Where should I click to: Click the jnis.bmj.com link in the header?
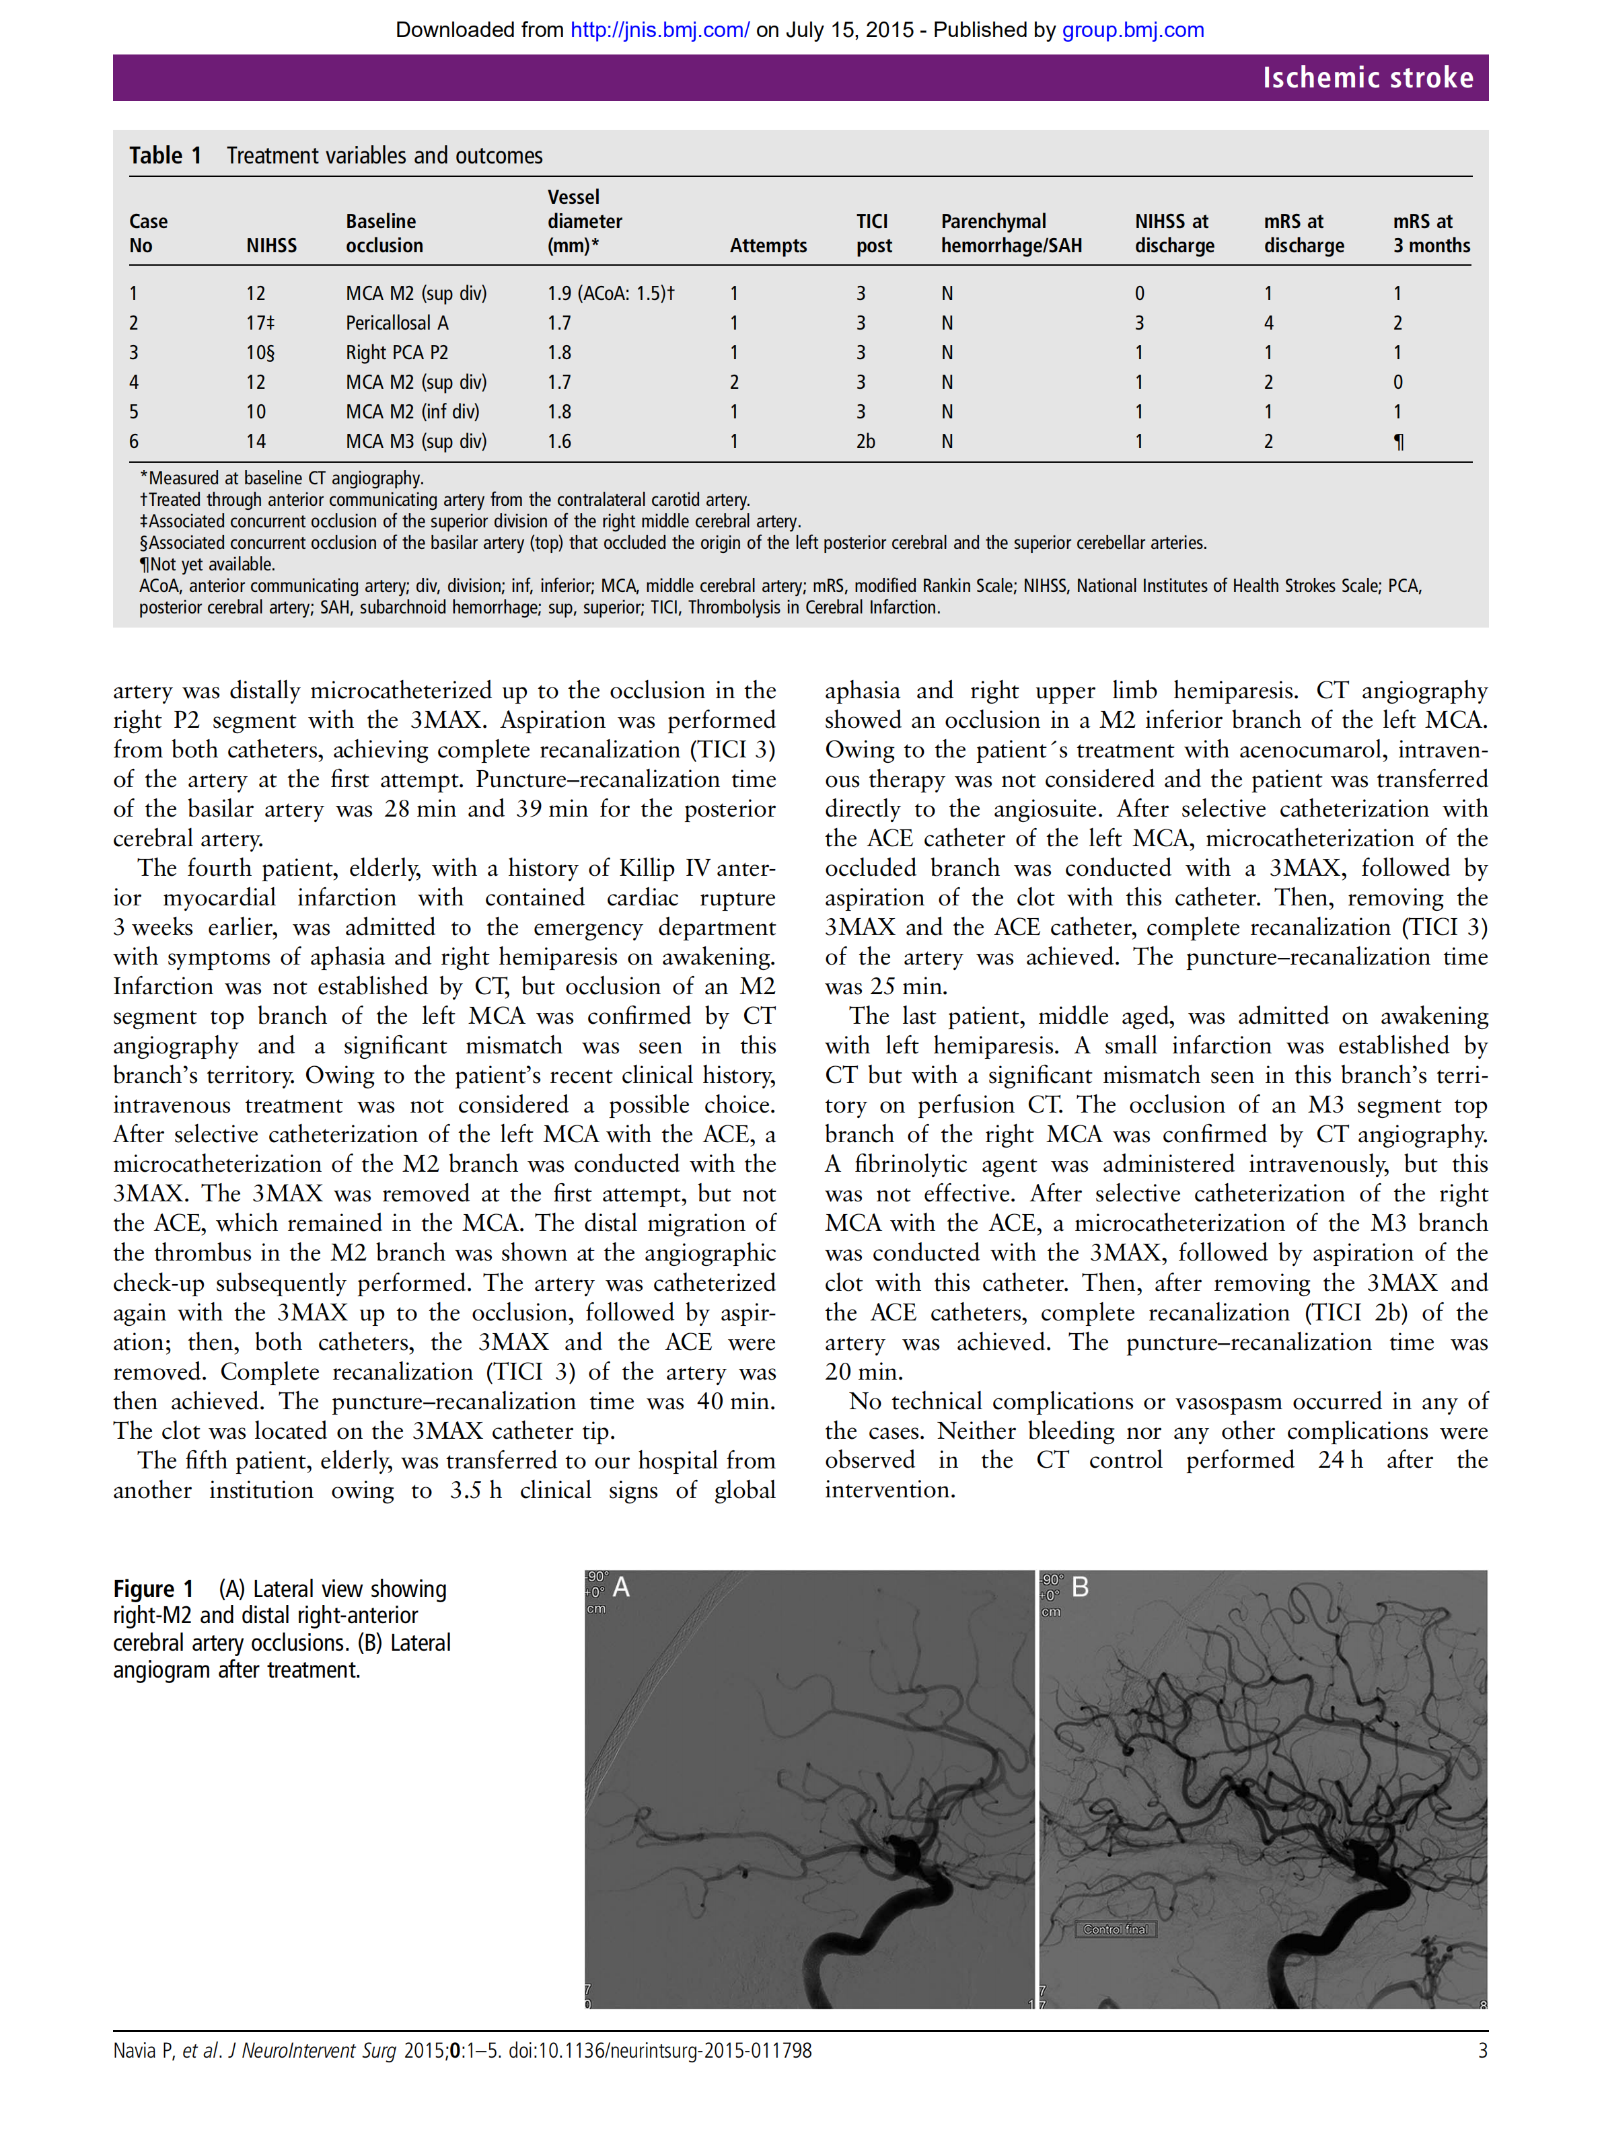tap(659, 30)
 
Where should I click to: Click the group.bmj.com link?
tap(1132, 30)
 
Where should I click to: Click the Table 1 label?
tap(165, 155)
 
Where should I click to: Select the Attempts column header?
tap(768, 245)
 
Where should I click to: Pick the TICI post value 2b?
tap(865, 441)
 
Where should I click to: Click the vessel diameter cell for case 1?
tap(610, 293)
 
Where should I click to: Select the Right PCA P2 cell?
tap(397, 352)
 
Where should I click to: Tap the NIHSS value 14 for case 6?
tap(256, 441)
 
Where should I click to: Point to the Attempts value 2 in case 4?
tap(734, 382)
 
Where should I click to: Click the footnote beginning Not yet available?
tap(208, 564)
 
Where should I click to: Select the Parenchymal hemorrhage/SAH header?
tap(1011, 233)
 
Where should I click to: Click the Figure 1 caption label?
tap(153, 1589)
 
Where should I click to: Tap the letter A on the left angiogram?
tap(621, 1587)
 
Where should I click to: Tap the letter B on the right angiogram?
tap(1080, 1587)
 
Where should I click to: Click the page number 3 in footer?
tap(1482, 2050)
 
